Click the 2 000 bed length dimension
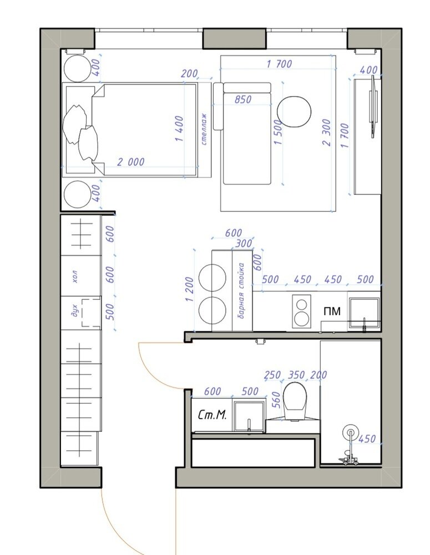pyautogui.click(x=130, y=162)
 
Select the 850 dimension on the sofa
pyautogui.click(x=243, y=99)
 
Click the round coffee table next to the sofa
pyautogui.click(x=294, y=112)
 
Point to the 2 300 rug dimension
pyautogui.click(x=326, y=133)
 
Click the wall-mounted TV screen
pyautogui.click(x=373, y=107)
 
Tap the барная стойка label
pyautogui.click(x=241, y=290)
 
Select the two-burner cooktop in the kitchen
pyautogui.click(x=301, y=311)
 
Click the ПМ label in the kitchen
pyautogui.click(x=332, y=311)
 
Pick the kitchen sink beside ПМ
pyautogui.click(x=364, y=313)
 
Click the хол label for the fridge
pyautogui.click(x=75, y=276)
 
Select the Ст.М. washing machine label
pyautogui.click(x=212, y=415)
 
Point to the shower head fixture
pyautogui.click(x=350, y=432)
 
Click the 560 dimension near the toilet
pyautogui.click(x=277, y=400)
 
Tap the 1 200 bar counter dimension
pyautogui.click(x=189, y=289)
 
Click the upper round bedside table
pyautogui.click(x=77, y=69)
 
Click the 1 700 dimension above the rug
pyautogui.click(x=279, y=64)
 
